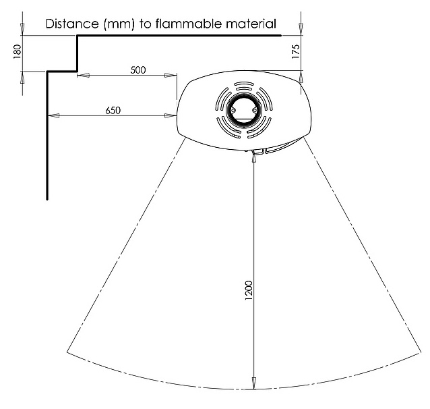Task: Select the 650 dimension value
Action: tap(113, 111)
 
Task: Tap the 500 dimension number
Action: tap(137, 70)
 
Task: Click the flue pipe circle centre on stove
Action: tap(241, 109)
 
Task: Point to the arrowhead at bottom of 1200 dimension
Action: tap(253, 385)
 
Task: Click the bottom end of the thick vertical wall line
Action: tap(47, 198)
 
